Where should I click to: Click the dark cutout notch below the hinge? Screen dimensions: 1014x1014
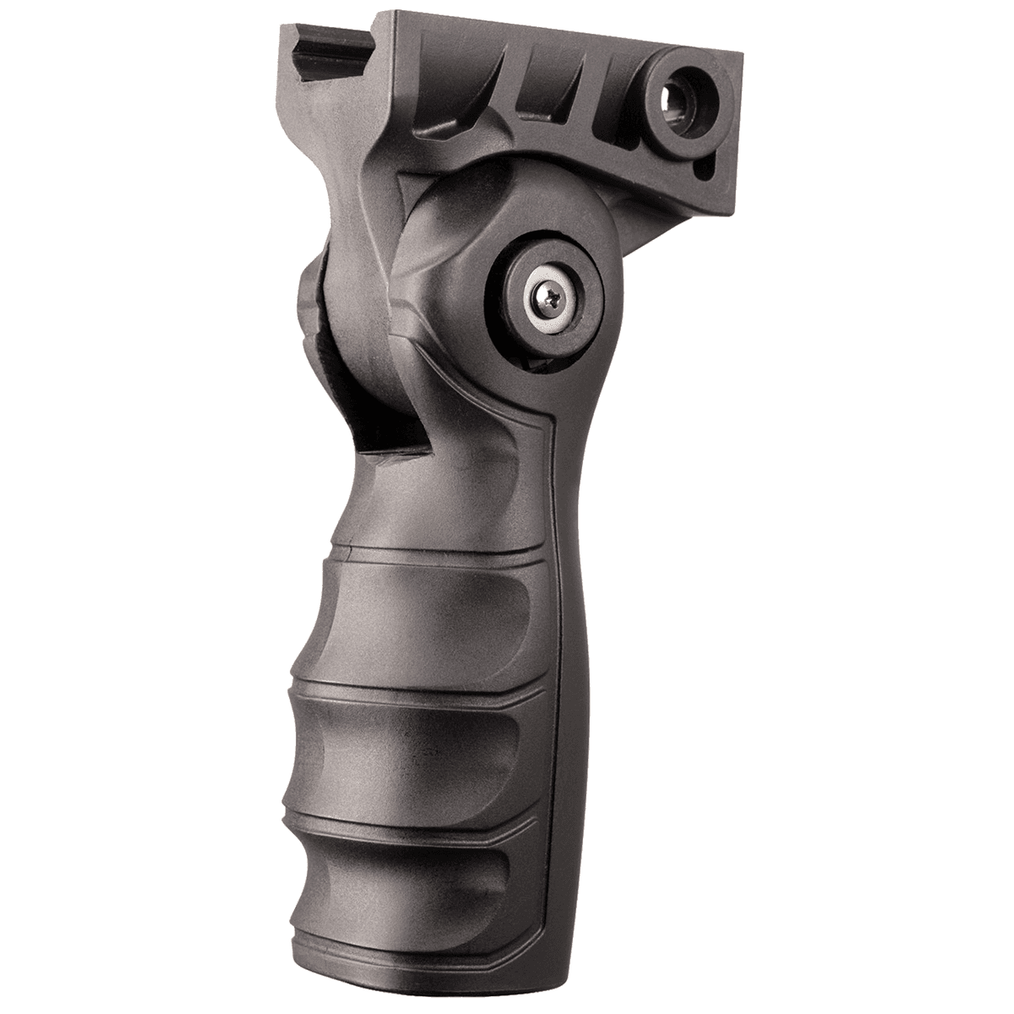[x=355, y=422]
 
